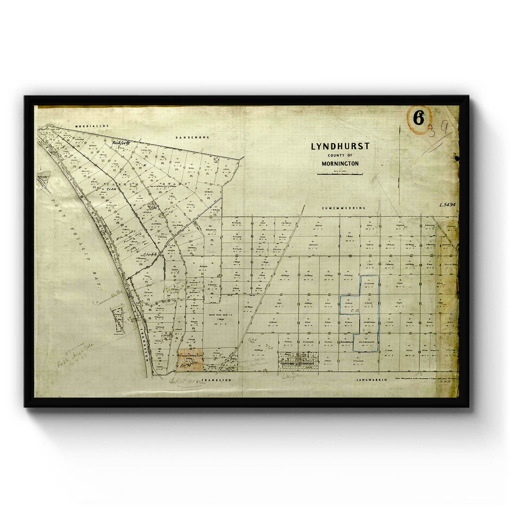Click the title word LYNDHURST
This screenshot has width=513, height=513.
pyautogui.click(x=340, y=146)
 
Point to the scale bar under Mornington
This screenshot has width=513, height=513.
pyautogui.click(x=340, y=174)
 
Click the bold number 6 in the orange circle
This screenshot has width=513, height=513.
pyautogui.click(x=419, y=118)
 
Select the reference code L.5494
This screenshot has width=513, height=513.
pyautogui.click(x=447, y=205)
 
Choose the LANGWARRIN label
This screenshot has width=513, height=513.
pyautogui.click(x=371, y=379)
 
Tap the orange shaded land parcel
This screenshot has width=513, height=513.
pyautogui.click(x=190, y=360)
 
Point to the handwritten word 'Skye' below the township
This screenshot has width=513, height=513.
pyautogui.click(x=292, y=377)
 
